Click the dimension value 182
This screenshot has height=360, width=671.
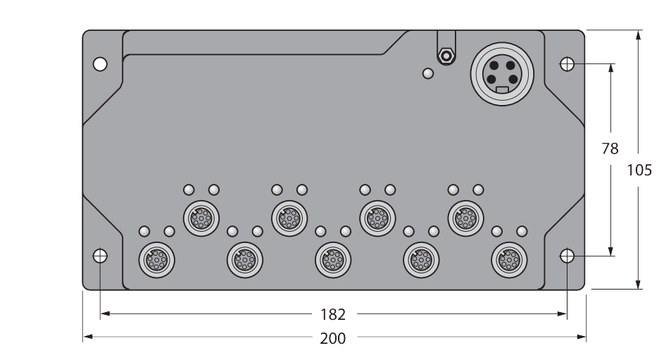click(333, 315)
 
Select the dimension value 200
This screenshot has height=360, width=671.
click(333, 339)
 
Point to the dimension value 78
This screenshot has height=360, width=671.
click(610, 149)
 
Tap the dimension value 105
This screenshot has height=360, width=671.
click(639, 170)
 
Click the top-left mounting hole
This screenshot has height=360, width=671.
click(100, 64)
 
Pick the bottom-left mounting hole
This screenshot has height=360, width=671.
click(100, 256)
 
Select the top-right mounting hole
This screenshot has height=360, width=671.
click(567, 64)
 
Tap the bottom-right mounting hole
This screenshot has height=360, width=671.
click(567, 256)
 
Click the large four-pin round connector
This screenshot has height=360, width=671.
click(502, 74)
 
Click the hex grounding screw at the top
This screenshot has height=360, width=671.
click(446, 56)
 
